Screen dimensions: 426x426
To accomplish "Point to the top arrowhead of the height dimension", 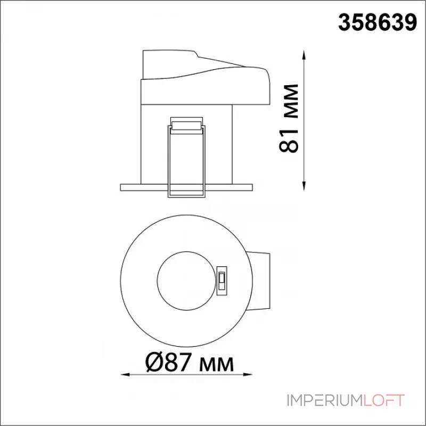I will coord(304,54).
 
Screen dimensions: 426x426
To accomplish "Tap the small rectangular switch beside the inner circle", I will coord(222,277).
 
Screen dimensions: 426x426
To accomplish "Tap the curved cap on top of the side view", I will coord(208,69).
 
